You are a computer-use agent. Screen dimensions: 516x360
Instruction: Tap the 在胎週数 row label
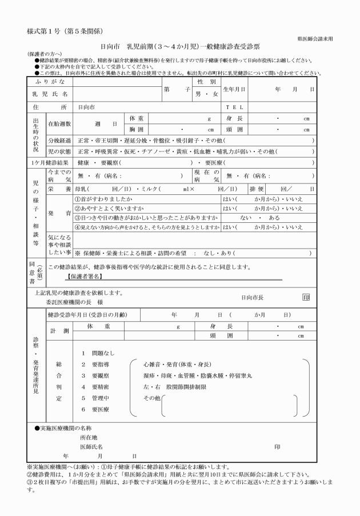pos(59,123)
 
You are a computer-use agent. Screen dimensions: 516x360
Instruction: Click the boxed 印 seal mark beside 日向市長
pos(306,297)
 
